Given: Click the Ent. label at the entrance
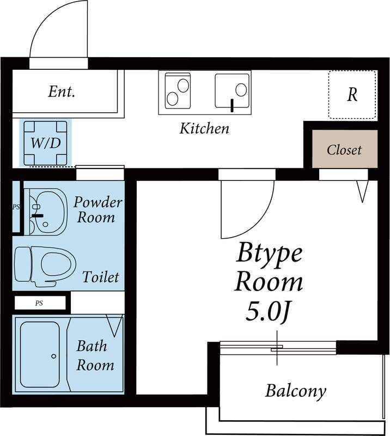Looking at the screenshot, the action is (x=62, y=92).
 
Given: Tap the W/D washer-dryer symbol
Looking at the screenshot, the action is (x=46, y=143).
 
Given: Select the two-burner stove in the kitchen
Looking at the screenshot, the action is (x=178, y=90).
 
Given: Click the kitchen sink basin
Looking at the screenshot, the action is (x=232, y=90).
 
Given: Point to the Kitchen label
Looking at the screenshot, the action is (x=205, y=129).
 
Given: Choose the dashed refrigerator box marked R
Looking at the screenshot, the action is (x=352, y=94).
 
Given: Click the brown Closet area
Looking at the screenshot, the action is (x=345, y=149).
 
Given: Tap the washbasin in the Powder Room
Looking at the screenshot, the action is (x=48, y=212).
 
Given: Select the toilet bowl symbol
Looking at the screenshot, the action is (x=45, y=264).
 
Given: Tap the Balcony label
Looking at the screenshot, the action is (x=295, y=391).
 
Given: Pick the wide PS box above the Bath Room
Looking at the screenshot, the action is (x=40, y=303).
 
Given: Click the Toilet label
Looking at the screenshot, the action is (x=101, y=277).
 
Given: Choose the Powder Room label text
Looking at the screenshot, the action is (x=98, y=210).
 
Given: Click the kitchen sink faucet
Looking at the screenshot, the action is (x=232, y=105).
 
